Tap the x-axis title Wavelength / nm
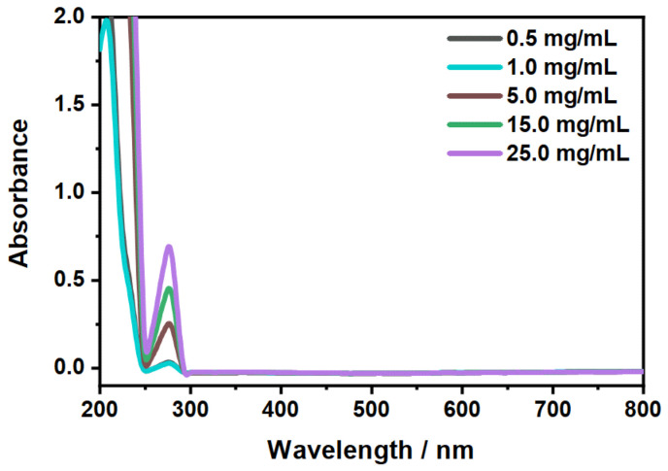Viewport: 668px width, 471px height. point(371,451)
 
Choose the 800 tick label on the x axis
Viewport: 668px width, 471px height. point(642,407)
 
